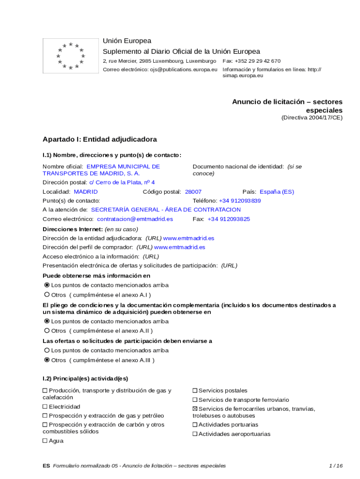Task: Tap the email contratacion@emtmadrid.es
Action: pos(135,219)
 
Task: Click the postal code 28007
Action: pos(193,192)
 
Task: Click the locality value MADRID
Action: pos(86,192)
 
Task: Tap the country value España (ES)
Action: pos(277,192)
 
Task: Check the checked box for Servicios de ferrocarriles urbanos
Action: pos(195,409)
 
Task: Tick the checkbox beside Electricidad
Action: pos(45,407)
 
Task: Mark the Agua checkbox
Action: pos(45,441)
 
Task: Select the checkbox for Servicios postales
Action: pos(195,391)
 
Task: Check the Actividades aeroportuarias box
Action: pos(195,434)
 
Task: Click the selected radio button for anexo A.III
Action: pos(47,360)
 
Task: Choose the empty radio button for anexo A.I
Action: pos(47,295)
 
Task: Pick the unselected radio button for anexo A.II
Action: pos(47,331)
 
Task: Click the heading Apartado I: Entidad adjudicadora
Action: pos(100,139)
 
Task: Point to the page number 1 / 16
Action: pos(336,466)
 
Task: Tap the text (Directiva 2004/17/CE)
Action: pos(312,118)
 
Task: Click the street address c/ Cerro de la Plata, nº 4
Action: pos(122,182)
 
